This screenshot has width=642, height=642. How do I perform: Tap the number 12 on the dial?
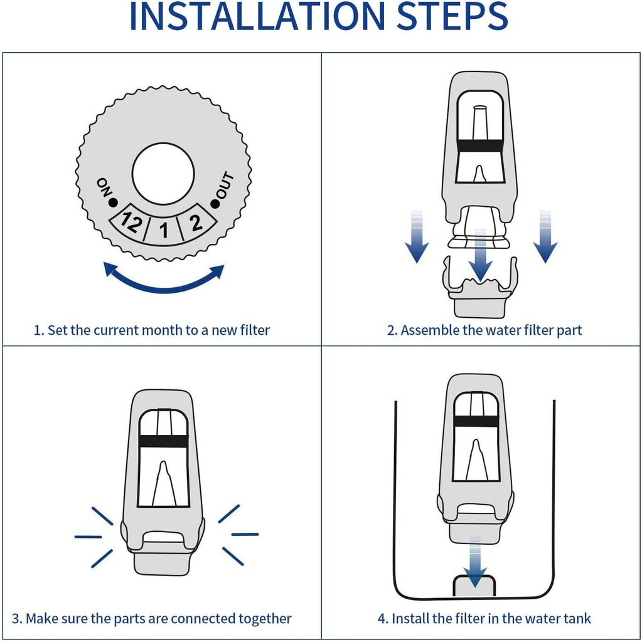tap(130, 223)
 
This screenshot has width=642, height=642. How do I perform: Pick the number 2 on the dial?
tap(196, 222)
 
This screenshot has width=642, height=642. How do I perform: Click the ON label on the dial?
tap(103, 187)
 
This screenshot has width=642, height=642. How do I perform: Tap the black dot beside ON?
tap(113, 203)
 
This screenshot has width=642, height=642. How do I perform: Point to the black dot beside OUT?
tap(215, 203)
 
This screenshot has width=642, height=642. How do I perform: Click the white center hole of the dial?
tap(163, 174)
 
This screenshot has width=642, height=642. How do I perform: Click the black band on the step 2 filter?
tap(479, 145)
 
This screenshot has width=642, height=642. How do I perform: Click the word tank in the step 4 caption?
tap(577, 619)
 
